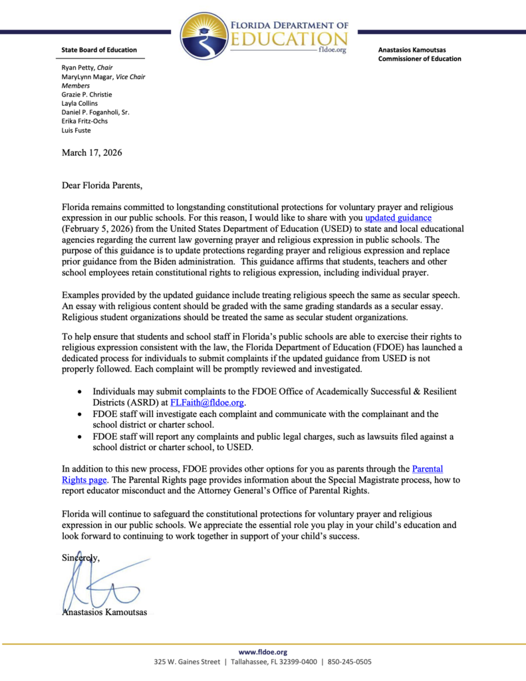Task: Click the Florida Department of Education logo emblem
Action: coord(204,37)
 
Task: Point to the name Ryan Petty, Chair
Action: coord(87,68)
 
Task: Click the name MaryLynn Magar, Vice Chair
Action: coord(103,76)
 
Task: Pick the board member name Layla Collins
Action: coord(79,103)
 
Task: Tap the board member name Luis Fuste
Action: coord(76,130)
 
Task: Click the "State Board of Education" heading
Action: coord(99,50)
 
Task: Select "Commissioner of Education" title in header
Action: coord(419,59)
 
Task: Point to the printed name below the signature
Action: coord(104,612)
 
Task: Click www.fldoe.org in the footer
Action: coord(263,652)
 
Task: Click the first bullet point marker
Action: coord(80,392)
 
